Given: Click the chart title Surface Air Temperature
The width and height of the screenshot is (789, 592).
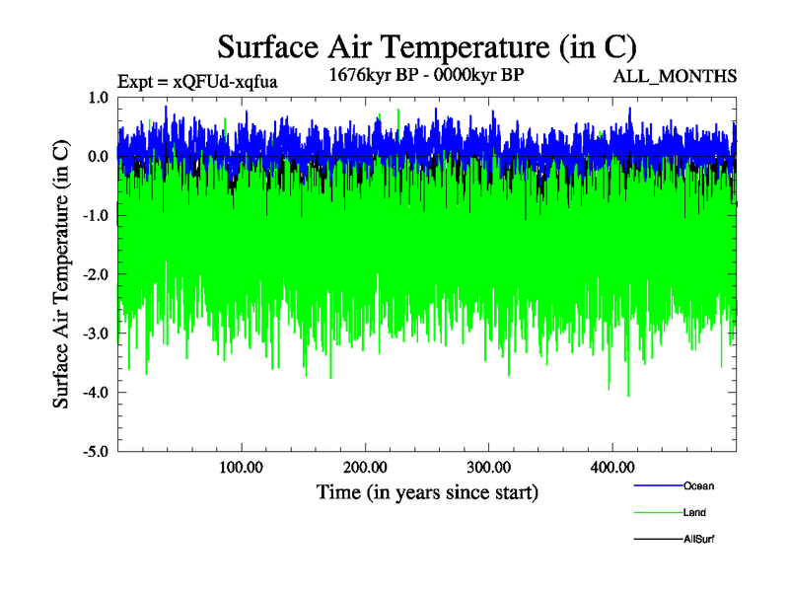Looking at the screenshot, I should point(427,47).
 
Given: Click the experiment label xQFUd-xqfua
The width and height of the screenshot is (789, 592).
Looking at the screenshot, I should point(197,82).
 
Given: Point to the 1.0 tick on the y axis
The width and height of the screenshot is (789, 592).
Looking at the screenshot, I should point(98,98).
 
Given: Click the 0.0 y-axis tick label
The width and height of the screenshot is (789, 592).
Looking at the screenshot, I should point(98,157).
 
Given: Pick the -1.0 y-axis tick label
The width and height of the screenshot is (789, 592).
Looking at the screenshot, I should point(96,216).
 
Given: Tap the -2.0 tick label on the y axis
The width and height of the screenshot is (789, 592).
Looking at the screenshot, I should point(96,275).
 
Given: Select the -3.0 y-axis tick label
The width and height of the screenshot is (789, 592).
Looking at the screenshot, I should point(96,333).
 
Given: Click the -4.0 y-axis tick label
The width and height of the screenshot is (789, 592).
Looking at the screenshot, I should point(96,393).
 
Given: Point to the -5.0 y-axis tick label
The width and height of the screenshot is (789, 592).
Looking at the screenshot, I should point(96,452).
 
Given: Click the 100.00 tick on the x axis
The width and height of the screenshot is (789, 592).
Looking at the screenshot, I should point(241,467).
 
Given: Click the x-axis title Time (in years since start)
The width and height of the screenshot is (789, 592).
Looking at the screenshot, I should point(427,491).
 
